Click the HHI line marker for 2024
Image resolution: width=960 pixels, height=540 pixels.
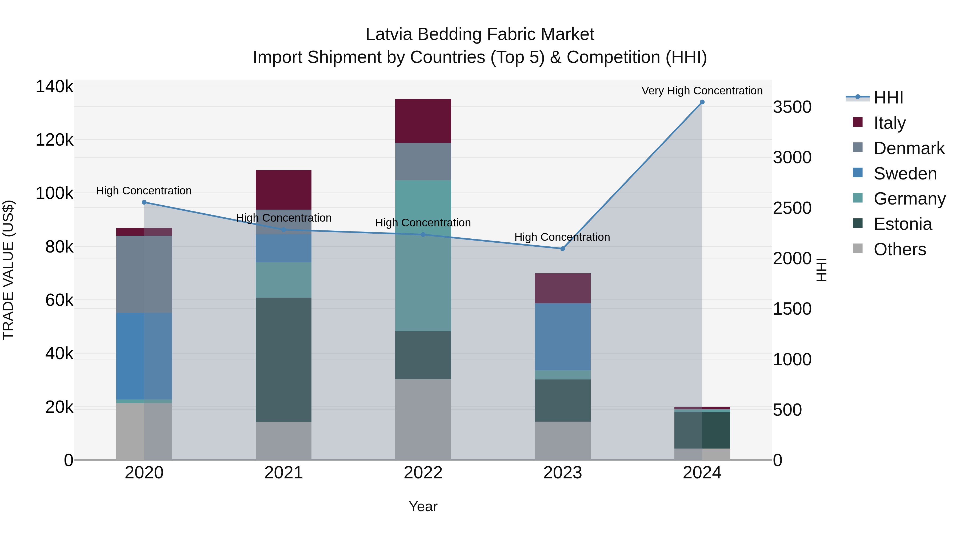(702, 102)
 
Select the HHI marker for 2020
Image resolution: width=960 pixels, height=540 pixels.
(144, 202)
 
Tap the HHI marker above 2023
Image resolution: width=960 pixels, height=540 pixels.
(563, 249)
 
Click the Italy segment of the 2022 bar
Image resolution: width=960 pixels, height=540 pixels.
(423, 121)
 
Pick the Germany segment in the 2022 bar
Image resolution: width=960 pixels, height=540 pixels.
(423, 256)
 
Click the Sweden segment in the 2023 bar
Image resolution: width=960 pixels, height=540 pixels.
(563, 337)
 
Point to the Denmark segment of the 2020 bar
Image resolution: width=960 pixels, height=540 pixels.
(144, 274)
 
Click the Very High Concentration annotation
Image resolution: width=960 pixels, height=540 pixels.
(702, 91)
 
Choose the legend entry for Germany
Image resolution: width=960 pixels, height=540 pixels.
(909, 199)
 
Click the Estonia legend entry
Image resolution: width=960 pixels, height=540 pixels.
(903, 224)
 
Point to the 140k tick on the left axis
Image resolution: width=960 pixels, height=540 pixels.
(54, 87)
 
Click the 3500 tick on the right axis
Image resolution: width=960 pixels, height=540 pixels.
(792, 107)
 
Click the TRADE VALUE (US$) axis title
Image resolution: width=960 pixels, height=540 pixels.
(8, 270)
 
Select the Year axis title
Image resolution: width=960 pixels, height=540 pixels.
(423, 506)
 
